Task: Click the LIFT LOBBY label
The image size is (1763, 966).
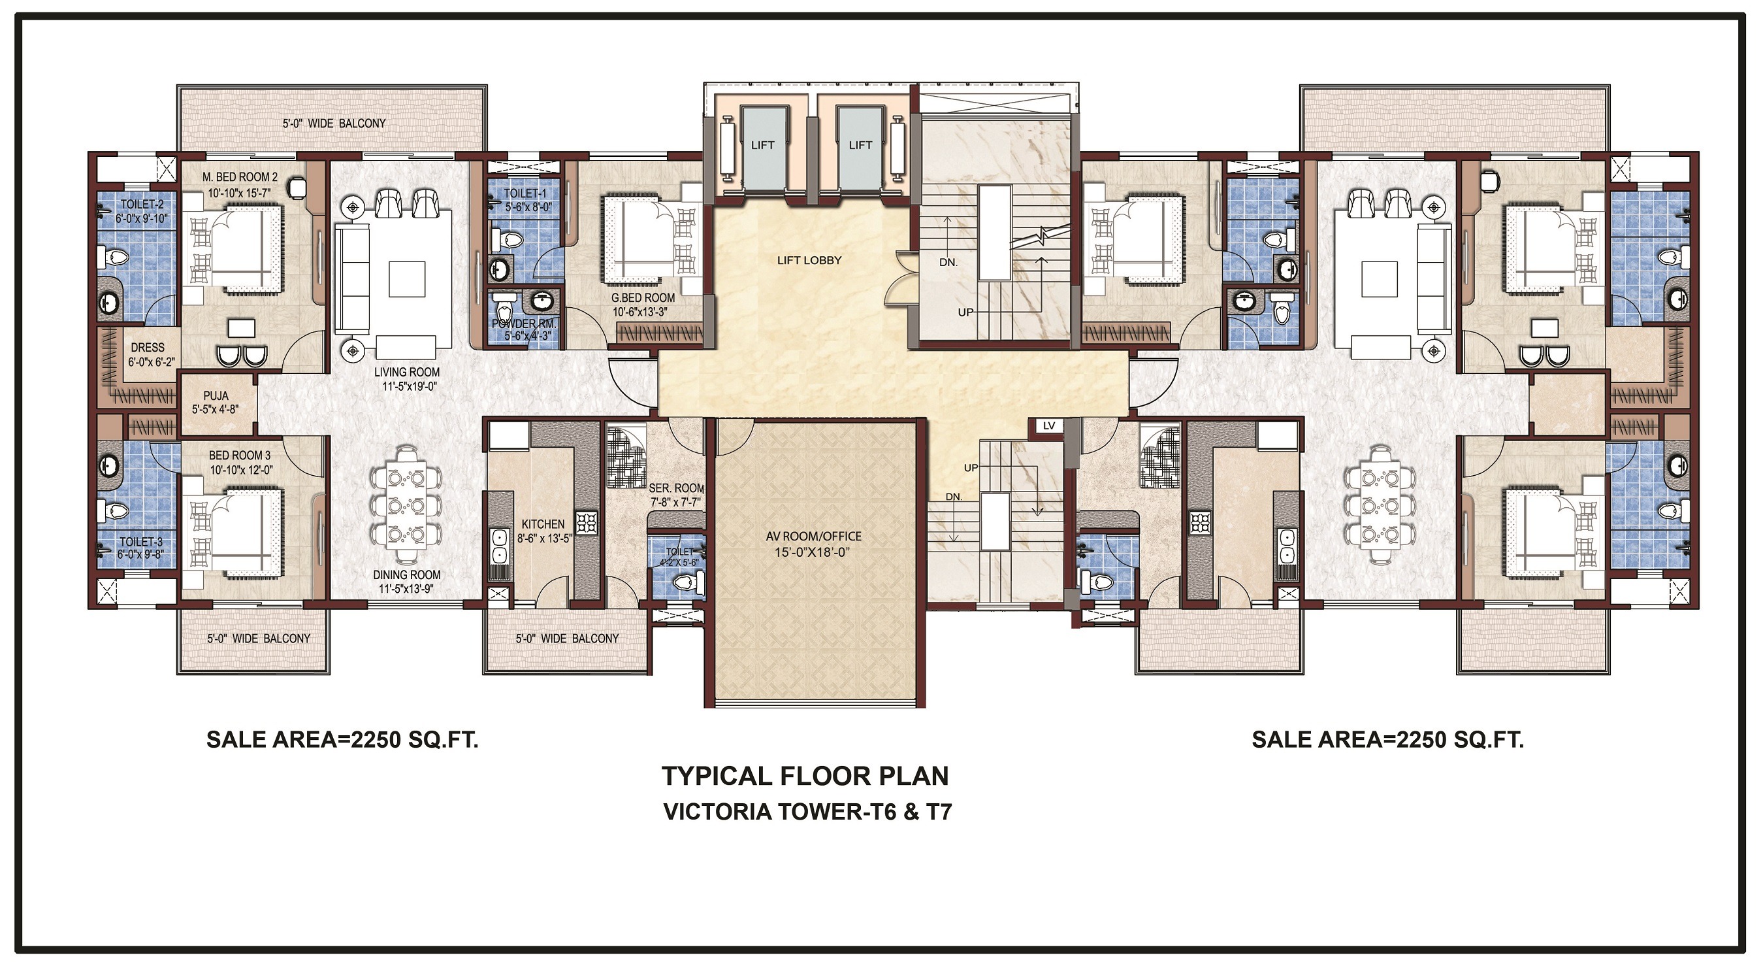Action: (x=809, y=260)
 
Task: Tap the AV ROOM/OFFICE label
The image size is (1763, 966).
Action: (x=813, y=536)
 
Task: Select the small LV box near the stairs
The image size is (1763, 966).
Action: (x=1049, y=426)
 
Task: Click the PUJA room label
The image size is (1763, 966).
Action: (x=216, y=395)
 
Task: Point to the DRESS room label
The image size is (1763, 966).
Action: (x=147, y=348)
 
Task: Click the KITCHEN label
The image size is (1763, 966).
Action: (x=543, y=524)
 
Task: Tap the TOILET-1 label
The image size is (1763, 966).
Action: (x=525, y=193)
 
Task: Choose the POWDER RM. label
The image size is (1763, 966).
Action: (x=525, y=323)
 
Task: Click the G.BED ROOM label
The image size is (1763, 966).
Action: (x=643, y=298)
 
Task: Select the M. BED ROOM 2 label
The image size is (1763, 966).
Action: (x=240, y=177)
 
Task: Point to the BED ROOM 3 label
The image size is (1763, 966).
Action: (x=240, y=456)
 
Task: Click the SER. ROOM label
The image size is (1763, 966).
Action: (x=676, y=488)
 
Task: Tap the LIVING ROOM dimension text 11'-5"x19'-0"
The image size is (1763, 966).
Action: (x=410, y=386)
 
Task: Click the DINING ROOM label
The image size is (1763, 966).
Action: (x=406, y=575)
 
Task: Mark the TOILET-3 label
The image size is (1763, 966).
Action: (x=141, y=542)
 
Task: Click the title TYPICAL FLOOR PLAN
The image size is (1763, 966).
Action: (x=805, y=776)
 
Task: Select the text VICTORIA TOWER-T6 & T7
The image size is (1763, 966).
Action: (x=807, y=812)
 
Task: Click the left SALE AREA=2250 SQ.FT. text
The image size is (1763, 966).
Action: (x=342, y=740)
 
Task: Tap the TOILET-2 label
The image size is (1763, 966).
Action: (x=142, y=205)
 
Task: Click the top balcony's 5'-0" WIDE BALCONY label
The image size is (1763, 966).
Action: (x=334, y=124)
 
